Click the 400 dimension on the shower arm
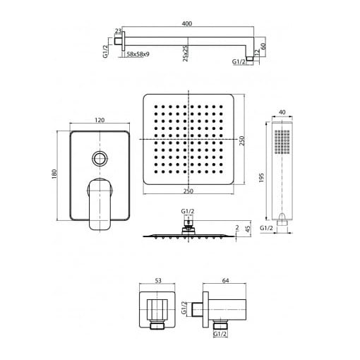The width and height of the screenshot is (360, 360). (x=187, y=23)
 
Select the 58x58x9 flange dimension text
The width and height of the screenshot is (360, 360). (x=138, y=54)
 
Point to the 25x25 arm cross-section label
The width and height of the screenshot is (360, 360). (x=186, y=54)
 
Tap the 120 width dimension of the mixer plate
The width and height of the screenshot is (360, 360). (x=100, y=120)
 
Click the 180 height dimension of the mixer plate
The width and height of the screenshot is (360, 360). (x=54, y=174)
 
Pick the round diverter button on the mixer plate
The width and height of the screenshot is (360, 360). (x=100, y=158)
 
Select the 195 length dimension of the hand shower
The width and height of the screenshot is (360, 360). (x=261, y=178)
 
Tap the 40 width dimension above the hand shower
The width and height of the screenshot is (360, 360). (x=282, y=112)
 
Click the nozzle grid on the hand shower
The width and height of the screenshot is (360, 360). (x=282, y=142)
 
